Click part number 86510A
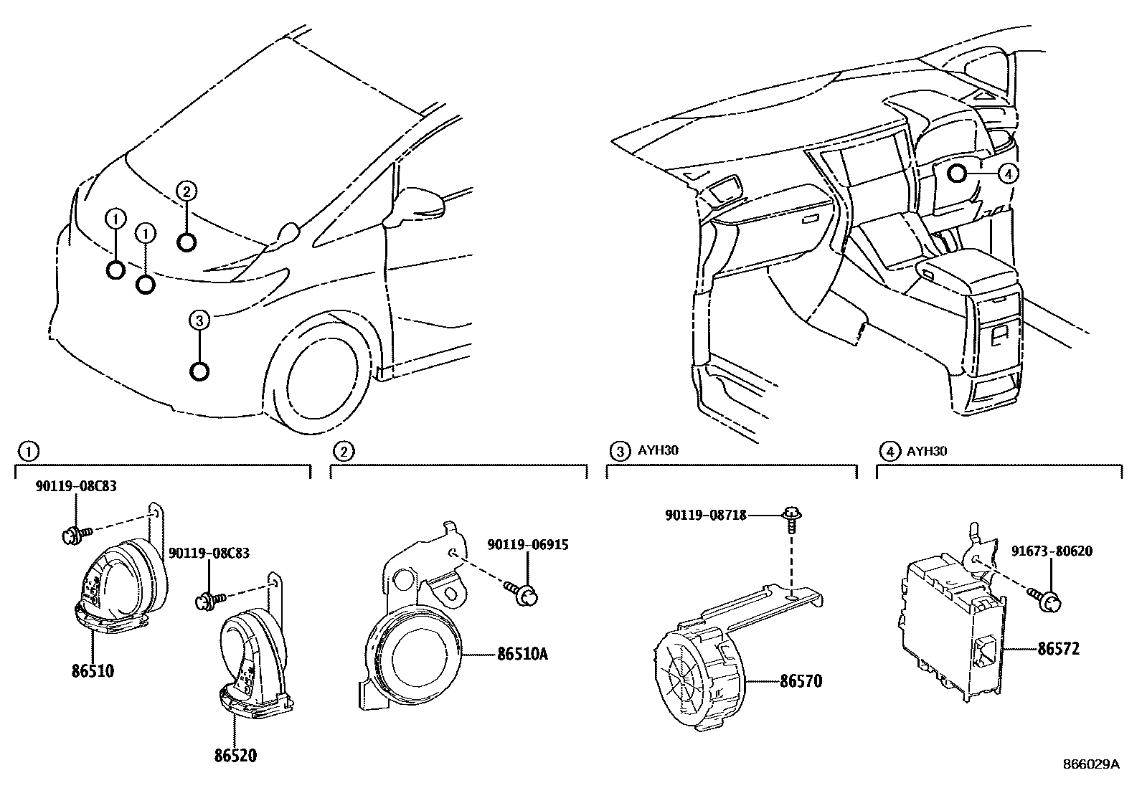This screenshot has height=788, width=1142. click(522, 654)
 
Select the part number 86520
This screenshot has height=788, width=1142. click(234, 755)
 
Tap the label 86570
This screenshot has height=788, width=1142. click(801, 680)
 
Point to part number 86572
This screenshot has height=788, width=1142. click(1058, 650)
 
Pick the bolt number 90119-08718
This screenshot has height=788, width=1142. click(706, 515)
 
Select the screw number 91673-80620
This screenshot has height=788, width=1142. click(1052, 551)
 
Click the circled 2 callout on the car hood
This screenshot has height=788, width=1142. click(185, 191)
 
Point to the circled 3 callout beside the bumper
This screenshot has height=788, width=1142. click(199, 321)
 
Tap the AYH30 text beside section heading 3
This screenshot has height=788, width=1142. click(658, 451)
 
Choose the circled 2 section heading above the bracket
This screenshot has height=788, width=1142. click(345, 451)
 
